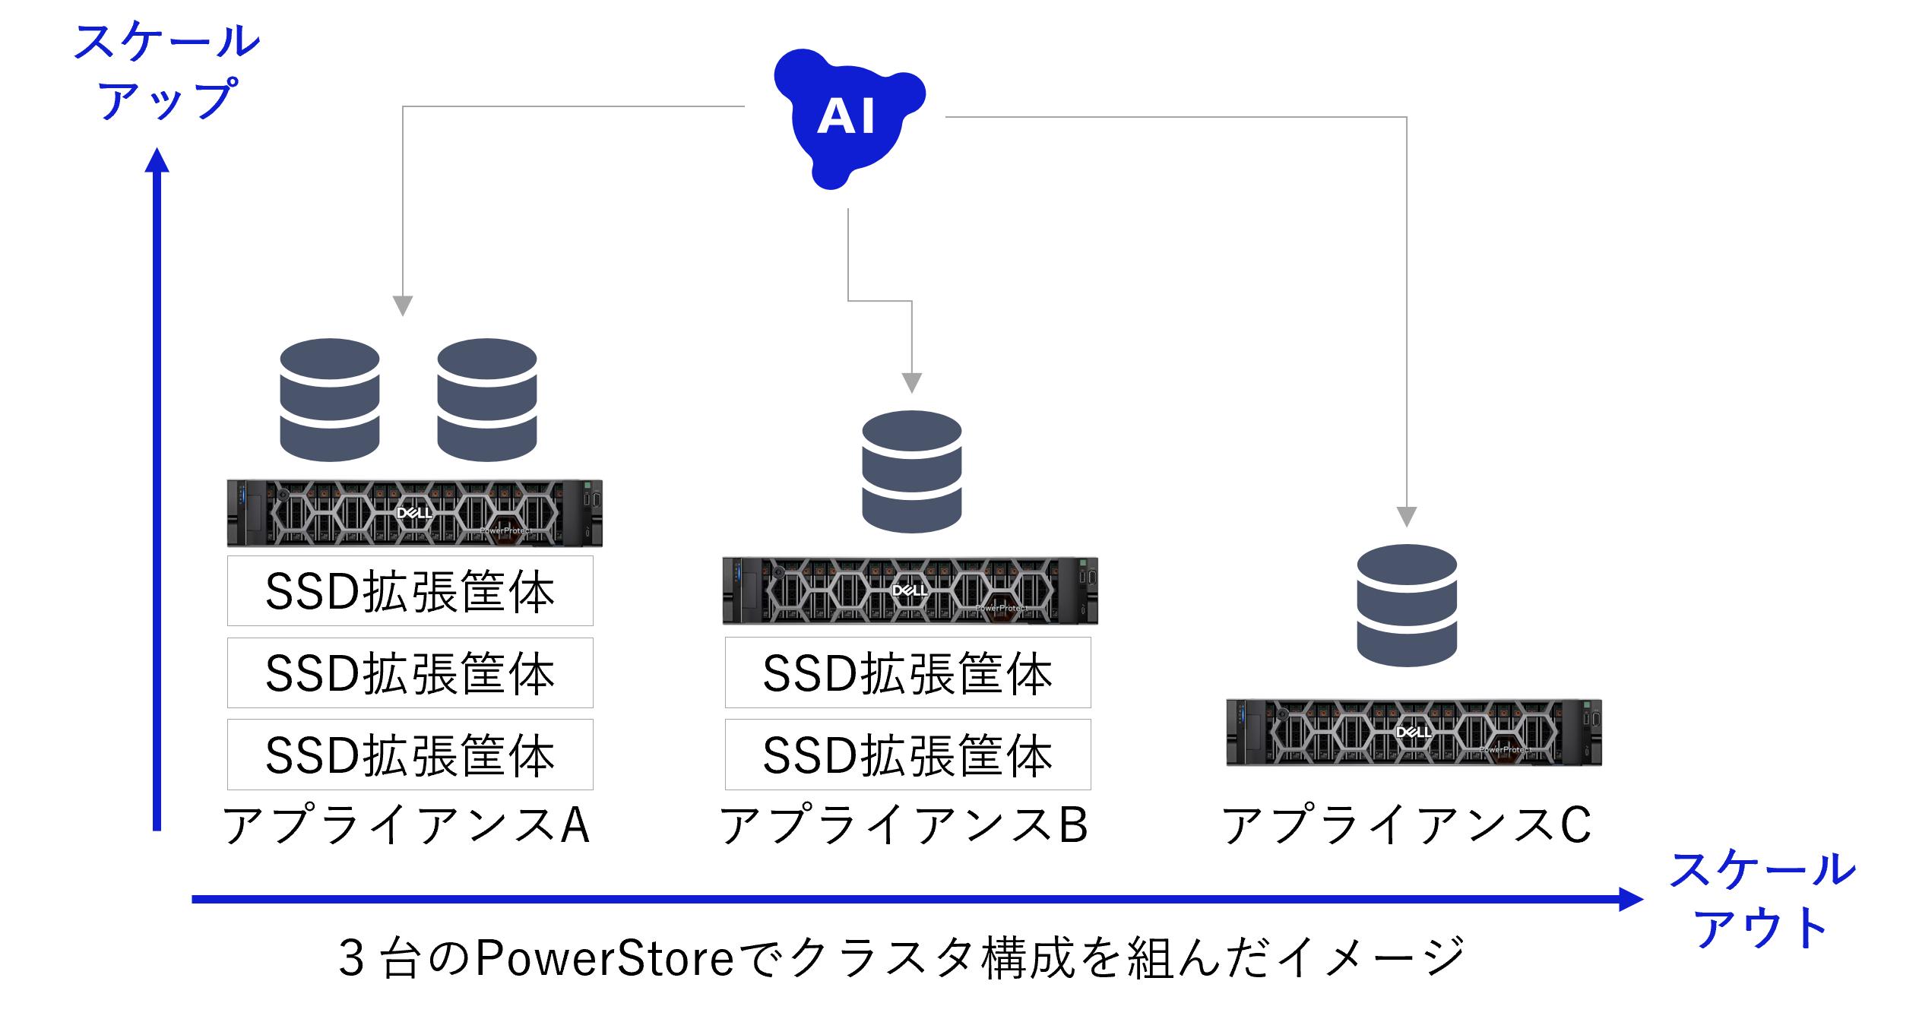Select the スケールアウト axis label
[x=1762, y=898]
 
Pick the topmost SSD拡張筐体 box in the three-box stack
[x=410, y=591]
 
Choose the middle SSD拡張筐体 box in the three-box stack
[x=410, y=673]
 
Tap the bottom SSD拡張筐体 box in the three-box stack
[x=410, y=755]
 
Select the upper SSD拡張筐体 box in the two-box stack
[x=907, y=673]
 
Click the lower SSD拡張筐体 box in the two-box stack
[x=907, y=755]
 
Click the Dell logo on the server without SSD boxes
[x=1414, y=733]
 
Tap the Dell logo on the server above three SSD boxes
[x=414, y=513]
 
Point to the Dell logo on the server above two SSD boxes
[x=909, y=590]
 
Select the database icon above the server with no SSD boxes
[x=1407, y=606]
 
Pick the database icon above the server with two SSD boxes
[x=911, y=472]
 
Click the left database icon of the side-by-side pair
[x=329, y=400]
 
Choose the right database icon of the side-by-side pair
[x=486, y=400]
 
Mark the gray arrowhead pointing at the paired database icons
[x=402, y=305]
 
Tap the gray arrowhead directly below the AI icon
[x=911, y=382]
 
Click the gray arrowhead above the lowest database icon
[x=1407, y=517]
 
